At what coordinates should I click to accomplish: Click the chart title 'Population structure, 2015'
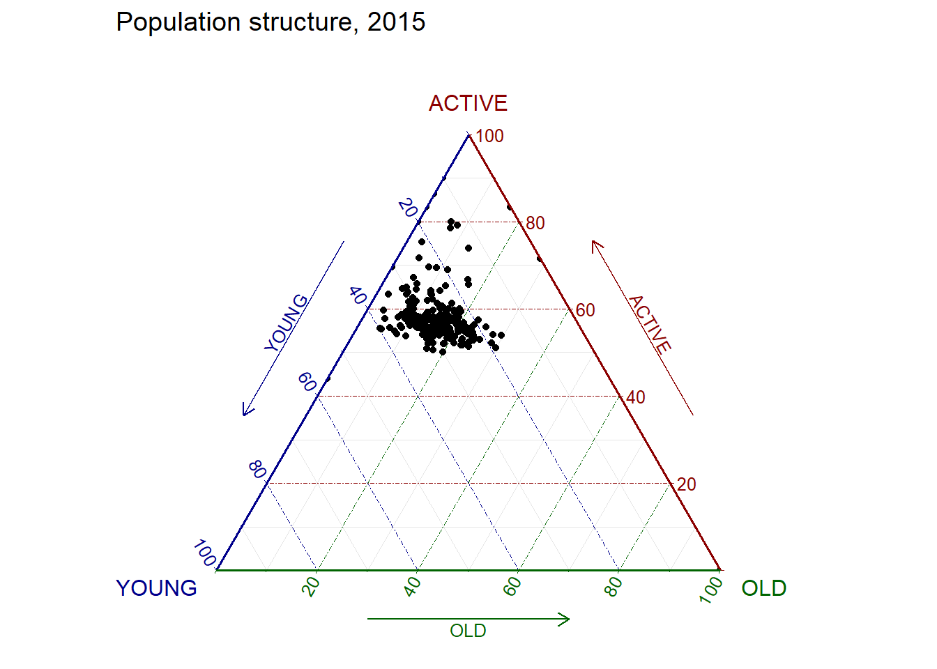pos(271,22)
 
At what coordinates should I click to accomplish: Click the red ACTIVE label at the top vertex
pos(468,103)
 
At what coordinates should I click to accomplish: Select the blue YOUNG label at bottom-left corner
pos(156,588)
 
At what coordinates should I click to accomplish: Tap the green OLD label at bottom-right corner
pos(763,588)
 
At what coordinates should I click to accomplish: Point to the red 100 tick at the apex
pos(489,136)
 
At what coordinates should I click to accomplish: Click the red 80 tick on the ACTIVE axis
pos(535,223)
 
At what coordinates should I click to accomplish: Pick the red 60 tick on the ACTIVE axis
pos(586,310)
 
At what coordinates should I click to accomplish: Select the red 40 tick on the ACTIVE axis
pos(636,397)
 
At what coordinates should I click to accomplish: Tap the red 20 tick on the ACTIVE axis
pos(687,484)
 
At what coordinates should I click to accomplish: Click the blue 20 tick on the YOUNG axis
pos(408,208)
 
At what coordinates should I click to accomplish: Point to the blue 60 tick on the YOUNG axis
pos(307,382)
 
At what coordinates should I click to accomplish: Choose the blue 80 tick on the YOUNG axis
pos(257,469)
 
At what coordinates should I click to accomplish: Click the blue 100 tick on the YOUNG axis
pos(205,553)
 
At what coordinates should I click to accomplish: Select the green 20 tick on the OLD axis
pos(312,586)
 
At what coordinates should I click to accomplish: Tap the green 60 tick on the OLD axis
pos(513,586)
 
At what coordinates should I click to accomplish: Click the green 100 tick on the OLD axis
pos(712,589)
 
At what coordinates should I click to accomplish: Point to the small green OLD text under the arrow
pos(468,631)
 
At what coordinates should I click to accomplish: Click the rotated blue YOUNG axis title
pos(287,323)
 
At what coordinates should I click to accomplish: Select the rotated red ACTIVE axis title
pos(650,324)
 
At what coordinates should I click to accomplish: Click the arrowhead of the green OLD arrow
pos(567,619)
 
